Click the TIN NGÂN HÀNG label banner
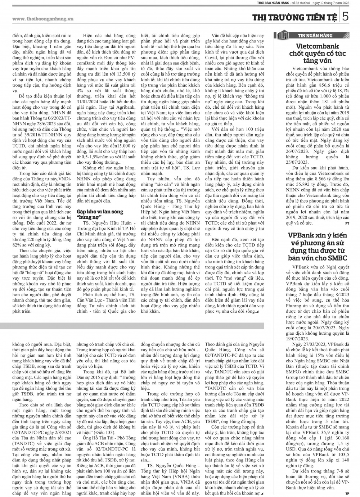point(315,35)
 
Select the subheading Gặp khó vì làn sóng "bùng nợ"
point(100,214)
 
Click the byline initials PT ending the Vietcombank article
point(347,223)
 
